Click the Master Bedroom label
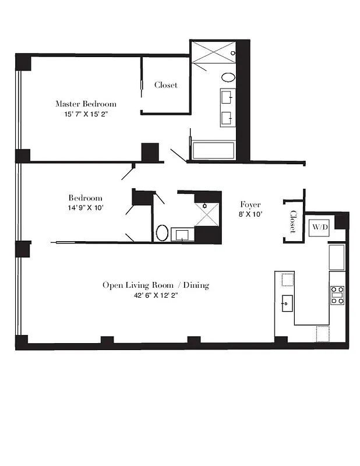coord(86,104)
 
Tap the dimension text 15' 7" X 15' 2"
coord(86,115)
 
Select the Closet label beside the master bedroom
coord(166,85)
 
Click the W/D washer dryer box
coord(320,227)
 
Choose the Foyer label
coord(250,204)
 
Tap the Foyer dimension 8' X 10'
coord(251,214)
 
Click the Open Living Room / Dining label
coord(156,285)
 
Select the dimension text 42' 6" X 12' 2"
coord(156,295)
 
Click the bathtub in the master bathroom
coord(213,150)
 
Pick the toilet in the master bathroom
coord(228,77)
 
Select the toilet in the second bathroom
coord(161,234)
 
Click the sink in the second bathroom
coord(182,235)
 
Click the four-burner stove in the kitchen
coord(337,295)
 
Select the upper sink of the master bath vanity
coord(227,97)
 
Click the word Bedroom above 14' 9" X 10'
coord(85,198)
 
